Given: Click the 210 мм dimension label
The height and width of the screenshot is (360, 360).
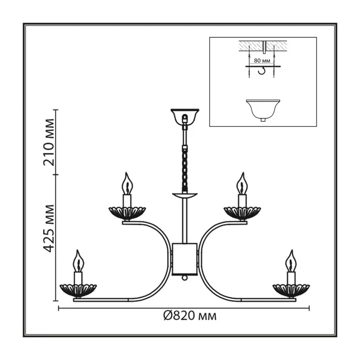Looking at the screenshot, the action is [x=49, y=142].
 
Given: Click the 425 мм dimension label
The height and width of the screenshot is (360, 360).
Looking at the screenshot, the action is [x=49, y=228].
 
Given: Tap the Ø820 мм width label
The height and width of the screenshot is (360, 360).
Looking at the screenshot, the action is [x=189, y=316].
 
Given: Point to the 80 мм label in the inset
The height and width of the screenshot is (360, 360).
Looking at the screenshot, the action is [x=262, y=61].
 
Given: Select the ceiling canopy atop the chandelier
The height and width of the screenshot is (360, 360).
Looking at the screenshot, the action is [x=185, y=116].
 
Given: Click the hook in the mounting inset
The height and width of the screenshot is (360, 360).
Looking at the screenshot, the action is [x=262, y=71].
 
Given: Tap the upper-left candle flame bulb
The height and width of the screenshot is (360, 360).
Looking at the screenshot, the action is [x=127, y=184].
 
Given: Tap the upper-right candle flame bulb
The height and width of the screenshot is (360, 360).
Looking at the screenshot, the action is [x=242, y=184].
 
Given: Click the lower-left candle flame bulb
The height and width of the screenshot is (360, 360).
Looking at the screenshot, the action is [x=78, y=261].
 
